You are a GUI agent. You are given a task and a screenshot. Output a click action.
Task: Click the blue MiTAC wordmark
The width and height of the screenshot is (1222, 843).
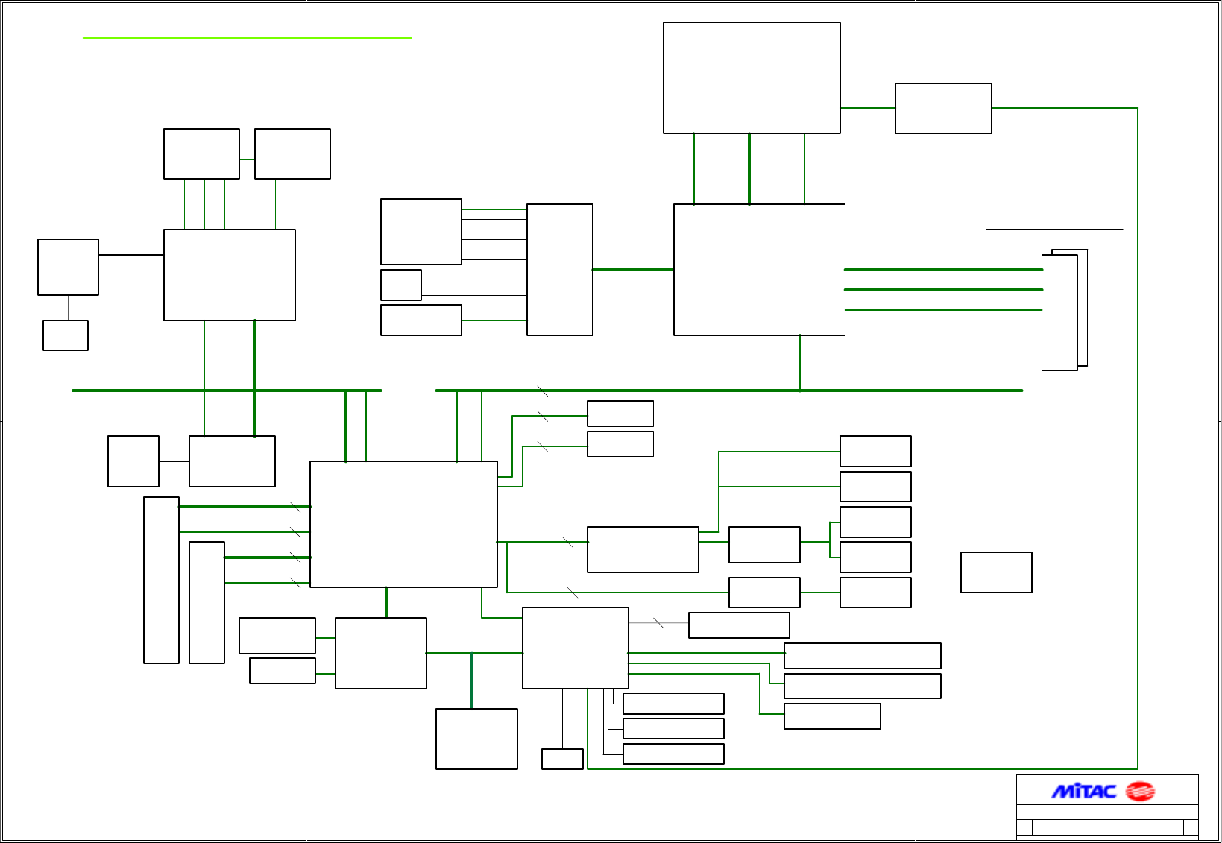click(1083, 791)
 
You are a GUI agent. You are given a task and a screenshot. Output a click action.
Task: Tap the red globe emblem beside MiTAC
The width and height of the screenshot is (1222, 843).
click(1139, 791)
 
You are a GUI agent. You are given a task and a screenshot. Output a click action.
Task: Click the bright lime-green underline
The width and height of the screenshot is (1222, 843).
click(247, 37)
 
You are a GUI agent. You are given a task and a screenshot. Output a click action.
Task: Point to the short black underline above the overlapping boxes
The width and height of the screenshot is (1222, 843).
click(1054, 230)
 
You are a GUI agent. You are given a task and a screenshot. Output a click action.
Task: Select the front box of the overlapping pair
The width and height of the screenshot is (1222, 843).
click(1059, 313)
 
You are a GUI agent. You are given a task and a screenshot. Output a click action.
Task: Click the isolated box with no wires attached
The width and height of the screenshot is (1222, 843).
click(996, 572)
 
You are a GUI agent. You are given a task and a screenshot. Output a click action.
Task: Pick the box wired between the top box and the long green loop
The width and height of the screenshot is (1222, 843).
click(943, 108)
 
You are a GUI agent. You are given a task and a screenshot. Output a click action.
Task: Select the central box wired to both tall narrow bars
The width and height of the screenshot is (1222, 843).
click(403, 524)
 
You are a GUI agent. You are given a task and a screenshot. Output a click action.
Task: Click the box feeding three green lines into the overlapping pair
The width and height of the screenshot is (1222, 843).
click(759, 270)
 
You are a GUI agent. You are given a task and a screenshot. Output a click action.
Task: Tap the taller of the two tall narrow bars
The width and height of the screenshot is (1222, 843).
click(161, 580)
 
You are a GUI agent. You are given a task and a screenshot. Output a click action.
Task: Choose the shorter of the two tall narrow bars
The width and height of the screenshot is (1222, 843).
click(207, 602)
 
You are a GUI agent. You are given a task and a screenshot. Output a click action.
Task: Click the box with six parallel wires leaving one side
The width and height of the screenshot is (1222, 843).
click(421, 231)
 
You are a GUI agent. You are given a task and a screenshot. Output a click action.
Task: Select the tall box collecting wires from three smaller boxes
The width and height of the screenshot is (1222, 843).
click(559, 270)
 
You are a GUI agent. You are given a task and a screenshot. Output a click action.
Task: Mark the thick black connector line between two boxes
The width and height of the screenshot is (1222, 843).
click(131, 255)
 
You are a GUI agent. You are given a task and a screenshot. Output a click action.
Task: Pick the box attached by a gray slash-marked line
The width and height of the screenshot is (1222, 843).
click(739, 625)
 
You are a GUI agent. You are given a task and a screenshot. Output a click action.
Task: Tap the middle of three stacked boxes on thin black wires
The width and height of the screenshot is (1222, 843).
click(673, 728)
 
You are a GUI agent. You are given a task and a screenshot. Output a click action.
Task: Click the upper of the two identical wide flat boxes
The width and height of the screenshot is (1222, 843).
click(862, 656)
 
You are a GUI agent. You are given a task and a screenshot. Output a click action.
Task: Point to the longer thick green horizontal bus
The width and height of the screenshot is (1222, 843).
click(728, 391)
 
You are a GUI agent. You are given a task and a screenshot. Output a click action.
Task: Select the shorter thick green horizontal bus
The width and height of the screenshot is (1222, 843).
click(227, 391)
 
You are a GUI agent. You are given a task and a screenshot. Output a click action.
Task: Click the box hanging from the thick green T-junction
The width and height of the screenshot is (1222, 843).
click(476, 739)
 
